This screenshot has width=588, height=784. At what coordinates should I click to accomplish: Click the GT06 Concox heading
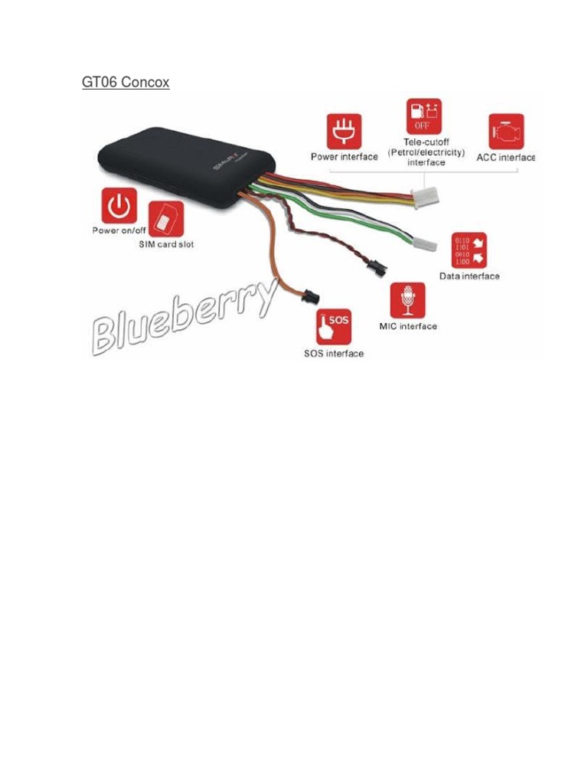coord(126,82)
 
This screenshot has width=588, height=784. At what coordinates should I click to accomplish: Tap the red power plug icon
coord(344,131)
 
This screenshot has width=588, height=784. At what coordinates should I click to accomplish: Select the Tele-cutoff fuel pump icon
coord(424,116)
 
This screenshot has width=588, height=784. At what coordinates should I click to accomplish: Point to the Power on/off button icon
coord(119,206)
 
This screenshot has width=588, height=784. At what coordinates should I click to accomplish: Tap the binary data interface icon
coord(469,250)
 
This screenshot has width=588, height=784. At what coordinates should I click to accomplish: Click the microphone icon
coord(408,301)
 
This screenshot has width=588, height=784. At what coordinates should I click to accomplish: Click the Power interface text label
coord(344,157)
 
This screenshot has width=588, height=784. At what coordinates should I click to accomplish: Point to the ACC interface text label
coord(505,157)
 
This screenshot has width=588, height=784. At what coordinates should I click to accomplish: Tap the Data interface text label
coord(469,276)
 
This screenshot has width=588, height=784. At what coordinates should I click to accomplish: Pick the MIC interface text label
coord(408,326)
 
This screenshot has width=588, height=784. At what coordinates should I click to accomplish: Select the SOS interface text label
coord(333,354)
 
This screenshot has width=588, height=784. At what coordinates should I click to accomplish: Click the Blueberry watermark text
coord(184,318)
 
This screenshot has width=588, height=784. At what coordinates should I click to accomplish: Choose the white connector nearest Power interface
coord(423,201)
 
